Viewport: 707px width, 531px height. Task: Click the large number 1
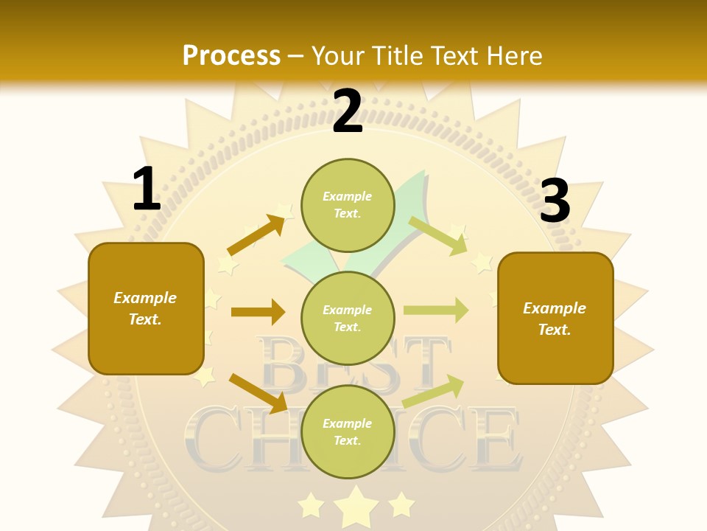(x=147, y=190)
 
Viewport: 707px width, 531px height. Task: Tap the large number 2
(x=347, y=112)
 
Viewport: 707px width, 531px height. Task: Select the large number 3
(x=555, y=201)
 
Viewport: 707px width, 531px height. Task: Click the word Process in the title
(x=231, y=56)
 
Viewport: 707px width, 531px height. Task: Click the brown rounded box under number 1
(x=146, y=308)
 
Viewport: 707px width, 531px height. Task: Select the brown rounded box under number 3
(x=555, y=318)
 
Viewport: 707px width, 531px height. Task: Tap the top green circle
(x=348, y=205)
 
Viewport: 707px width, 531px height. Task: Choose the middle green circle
(x=348, y=318)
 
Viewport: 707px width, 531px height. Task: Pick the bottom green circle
(x=348, y=431)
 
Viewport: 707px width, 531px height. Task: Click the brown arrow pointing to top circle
(x=256, y=235)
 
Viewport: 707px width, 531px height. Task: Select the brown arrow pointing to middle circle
(x=258, y=312)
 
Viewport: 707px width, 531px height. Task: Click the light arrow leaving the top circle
(x=437, y=235)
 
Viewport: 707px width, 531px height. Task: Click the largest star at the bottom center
(x=356, y=505)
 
